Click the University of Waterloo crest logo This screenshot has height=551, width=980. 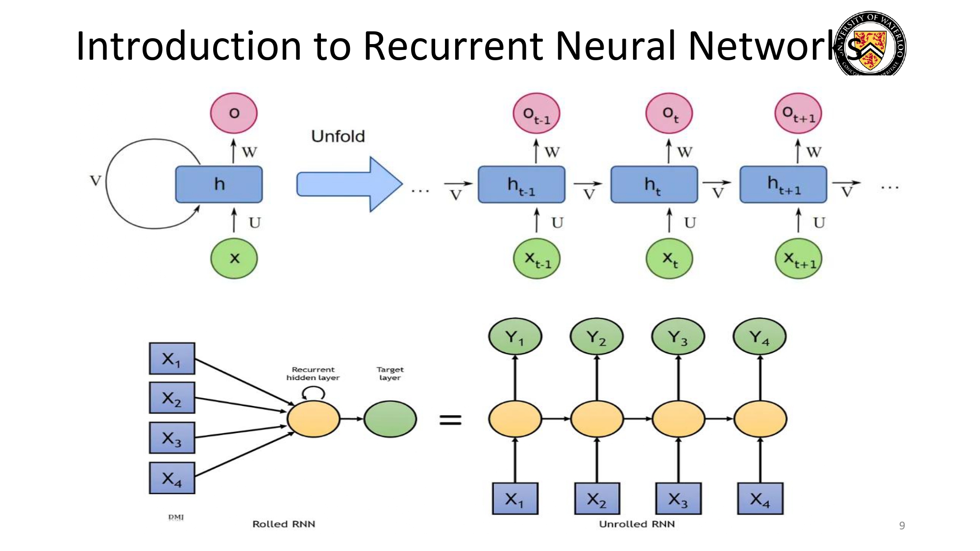pyautogui.click(x=870, y=44)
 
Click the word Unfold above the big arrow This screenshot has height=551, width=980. pyautogui.click(x=338, y=136)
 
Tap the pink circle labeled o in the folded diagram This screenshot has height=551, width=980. pyautogui.click(x=234, y=113)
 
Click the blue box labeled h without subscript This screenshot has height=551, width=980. pyautogui.click(x=219, y=184)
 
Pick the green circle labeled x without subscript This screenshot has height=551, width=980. pyautogui.click(x=234, y=258)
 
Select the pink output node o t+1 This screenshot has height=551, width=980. pyautogui.click(x=798, y=114)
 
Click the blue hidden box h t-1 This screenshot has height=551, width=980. pyautogui.click(x=521, y=185)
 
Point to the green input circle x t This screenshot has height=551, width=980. pyautogui.click(x=669, y=258)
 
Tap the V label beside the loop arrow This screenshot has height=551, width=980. pyautogui.click(x=96, y=181)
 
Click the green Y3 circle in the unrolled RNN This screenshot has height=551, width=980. pyautogui.click(x=678, y=337)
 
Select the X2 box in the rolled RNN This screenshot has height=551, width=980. pyautogui.click(x=172, y=398)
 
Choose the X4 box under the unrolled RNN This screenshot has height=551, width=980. pyautogui.click(x=760, y=499)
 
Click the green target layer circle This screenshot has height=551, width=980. pyautogui.click(x=390, y=419)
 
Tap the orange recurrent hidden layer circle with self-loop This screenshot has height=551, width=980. pyautogui.click(x=313, y=419)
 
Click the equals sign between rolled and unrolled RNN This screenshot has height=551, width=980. pyautogui.click(x=450, y=419)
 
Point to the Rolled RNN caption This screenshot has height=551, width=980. pyautogui.click(x=284, y=524)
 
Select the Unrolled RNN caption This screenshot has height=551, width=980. pyautogui.click(x=637, y=524)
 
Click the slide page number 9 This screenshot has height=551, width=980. pyautogui.click(x=902, y=526)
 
